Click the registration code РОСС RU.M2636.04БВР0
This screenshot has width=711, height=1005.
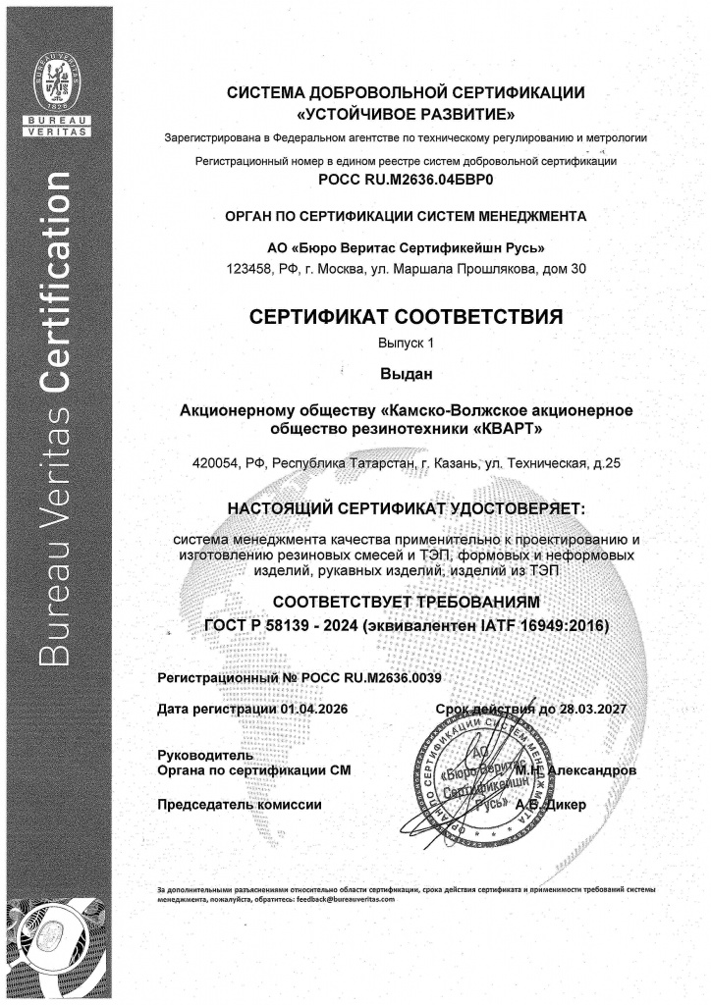coord(406,181)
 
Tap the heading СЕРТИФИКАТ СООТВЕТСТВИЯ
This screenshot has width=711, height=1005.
coord(406,318)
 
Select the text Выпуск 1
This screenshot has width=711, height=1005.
coord(406,344)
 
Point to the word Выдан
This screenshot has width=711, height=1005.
coord(406,374)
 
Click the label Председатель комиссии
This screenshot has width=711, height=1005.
coord(240,805)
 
